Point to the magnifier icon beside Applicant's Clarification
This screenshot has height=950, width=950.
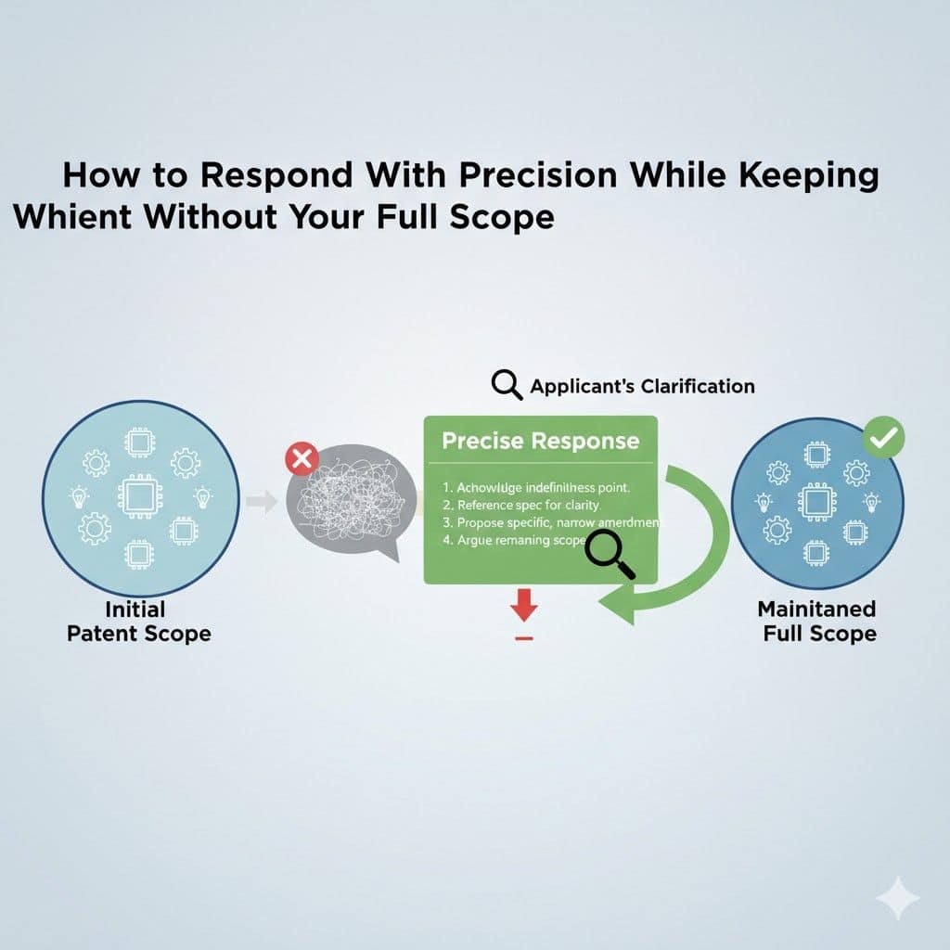tap(507, 385)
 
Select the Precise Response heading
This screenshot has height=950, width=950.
tap(540, 441)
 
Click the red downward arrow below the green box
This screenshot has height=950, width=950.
tap(524, 609)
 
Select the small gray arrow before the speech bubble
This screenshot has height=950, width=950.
tap(265, 502)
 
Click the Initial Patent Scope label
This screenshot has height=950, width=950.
tap(139, 622)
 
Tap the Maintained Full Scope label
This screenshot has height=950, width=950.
tap(816, 622)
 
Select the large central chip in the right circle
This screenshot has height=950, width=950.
tap(817, 502)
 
